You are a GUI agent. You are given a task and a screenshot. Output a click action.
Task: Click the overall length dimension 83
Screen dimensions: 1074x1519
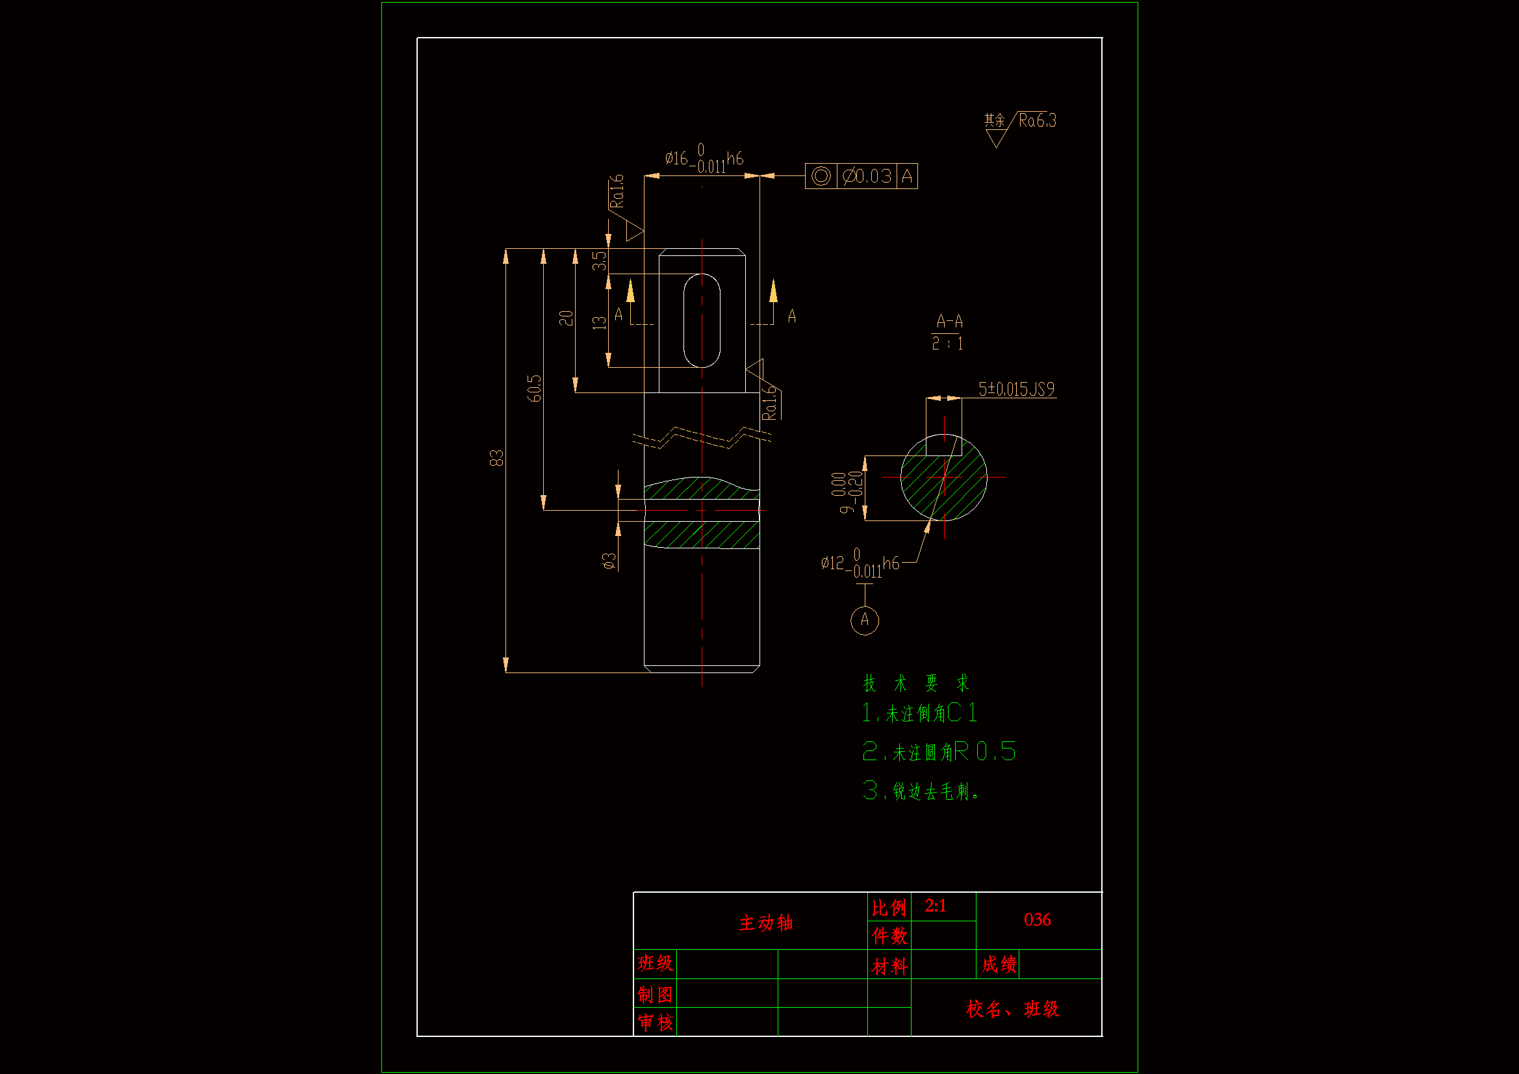496,458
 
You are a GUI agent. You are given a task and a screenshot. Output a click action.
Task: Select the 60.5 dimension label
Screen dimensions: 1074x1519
534,389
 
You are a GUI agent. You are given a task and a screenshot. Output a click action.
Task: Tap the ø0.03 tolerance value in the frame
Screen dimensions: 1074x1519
867,176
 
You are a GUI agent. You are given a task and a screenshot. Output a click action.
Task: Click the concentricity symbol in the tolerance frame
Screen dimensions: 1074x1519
821,176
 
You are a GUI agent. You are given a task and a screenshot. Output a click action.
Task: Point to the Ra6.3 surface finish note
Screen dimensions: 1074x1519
1037,120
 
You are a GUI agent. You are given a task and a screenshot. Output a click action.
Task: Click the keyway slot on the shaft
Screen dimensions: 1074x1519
701,320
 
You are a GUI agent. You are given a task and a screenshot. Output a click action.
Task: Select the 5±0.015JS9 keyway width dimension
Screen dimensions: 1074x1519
1016,389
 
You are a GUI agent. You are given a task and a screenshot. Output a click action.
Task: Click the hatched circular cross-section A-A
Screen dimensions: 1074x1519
943,478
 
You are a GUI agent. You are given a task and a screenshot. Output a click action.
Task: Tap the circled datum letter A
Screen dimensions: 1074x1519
864,620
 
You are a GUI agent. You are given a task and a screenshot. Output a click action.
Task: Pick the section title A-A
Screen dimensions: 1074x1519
949,322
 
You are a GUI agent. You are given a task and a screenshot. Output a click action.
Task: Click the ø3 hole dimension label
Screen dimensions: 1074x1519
609,561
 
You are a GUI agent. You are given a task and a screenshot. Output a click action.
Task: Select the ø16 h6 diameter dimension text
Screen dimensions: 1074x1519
703,159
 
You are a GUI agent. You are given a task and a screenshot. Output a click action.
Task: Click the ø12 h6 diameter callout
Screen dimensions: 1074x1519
860,564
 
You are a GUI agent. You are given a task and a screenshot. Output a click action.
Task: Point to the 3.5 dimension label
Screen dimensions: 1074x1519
599,261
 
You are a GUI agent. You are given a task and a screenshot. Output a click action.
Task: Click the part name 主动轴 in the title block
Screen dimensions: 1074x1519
765,923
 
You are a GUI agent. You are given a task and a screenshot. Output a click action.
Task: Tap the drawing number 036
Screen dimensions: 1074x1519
1037,920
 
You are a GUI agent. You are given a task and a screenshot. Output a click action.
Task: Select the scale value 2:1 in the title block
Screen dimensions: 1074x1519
936,906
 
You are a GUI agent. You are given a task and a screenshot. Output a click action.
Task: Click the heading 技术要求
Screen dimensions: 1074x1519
915,683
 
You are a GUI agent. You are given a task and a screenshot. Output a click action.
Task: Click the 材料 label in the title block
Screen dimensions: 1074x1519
889,967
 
